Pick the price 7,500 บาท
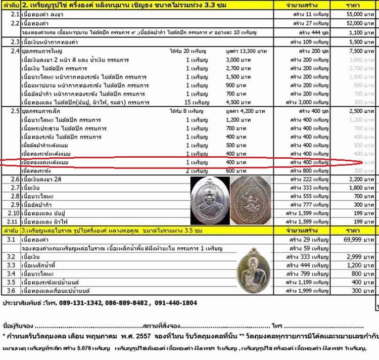click(361, 52)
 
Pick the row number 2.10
click(13, 213)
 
